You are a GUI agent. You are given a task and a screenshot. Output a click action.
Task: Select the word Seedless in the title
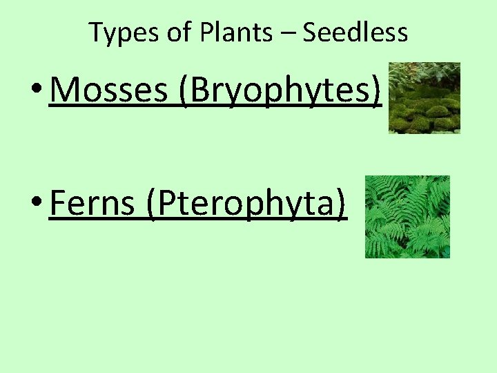pyautogui.click(x=355, y=32)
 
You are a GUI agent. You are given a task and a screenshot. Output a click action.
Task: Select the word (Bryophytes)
pyautogui.click(x=280, y=90)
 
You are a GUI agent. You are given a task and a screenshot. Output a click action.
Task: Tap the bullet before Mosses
pyautogui.click(x=38, y=91)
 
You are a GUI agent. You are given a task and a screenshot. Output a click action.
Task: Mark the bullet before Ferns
pyautogui.click(x=38, y=204)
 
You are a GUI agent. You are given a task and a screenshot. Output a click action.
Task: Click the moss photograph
pyautogui.click(x=424, y=97)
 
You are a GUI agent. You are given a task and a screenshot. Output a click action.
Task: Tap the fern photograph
pyautogui.click(x=407, y=217)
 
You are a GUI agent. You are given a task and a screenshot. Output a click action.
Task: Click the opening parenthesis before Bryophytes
pyautogui.click(x=184, y=90)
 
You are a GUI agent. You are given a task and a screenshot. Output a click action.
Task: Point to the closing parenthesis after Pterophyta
pyautogui.click(x=340, y=204)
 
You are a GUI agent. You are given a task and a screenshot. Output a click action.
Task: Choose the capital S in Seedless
pyautogui.click(x=310, y=32)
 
